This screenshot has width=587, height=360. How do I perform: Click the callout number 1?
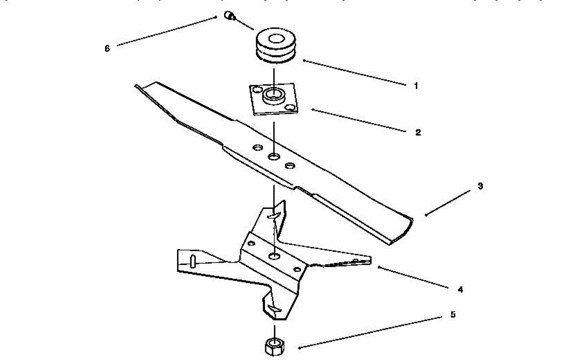coord(416,86)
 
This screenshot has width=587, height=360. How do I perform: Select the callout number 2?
coord(418,132)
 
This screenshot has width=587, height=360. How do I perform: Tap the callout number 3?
coord(480,186)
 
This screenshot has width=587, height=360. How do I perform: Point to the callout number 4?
coord(460,290)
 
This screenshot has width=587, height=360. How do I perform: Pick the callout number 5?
coord(452,315)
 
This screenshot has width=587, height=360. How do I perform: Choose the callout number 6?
coord(107,48)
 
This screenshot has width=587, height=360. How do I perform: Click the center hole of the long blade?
coord(274,157)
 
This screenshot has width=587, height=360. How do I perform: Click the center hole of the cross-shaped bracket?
coord(275,256)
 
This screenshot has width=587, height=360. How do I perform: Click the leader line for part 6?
coord(166,31)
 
